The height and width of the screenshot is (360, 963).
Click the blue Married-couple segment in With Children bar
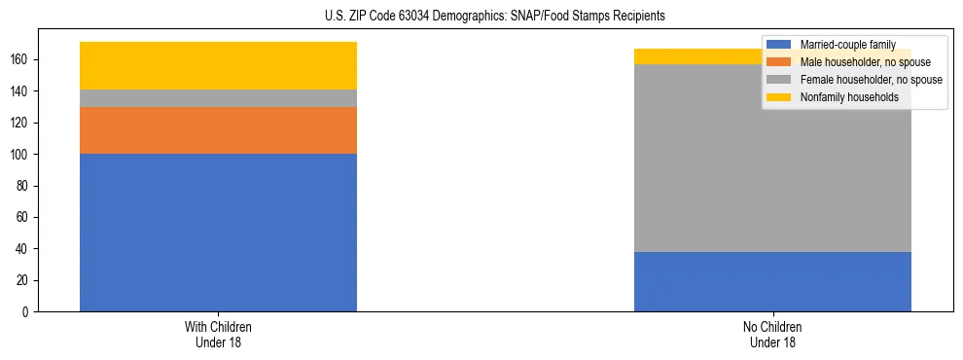click(x=218, y=233)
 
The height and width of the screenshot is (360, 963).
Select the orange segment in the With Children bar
click(x=218, y=130)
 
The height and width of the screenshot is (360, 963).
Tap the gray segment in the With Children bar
click(x=218, y=98)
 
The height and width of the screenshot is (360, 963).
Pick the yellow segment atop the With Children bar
click(x=218, y=65)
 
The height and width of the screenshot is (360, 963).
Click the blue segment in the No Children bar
click(x=772, y=281)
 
